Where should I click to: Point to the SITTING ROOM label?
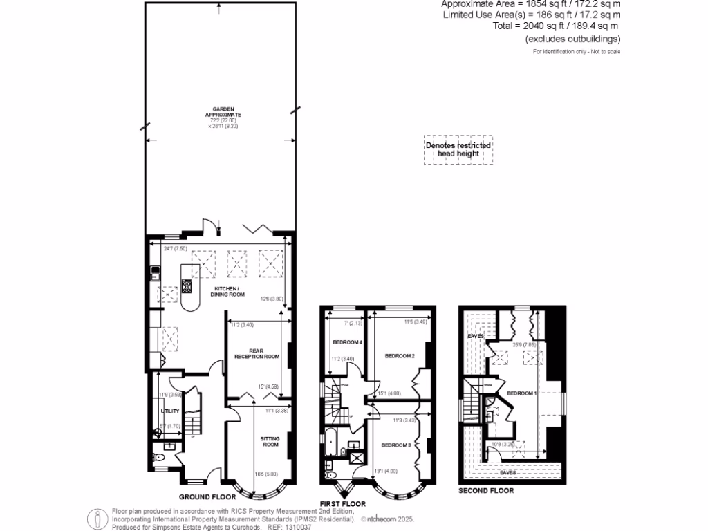(x=270, y=441)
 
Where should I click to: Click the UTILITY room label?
(x=170, y=411)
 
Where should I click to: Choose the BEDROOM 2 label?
(x=399, y=356)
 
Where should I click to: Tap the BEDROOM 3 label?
(x=396, y=445)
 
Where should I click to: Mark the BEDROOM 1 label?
(x=522, y=393)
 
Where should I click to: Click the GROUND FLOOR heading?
(x=207, y=496)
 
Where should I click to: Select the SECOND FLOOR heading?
(x=486, y=491)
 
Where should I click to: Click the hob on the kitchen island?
(x=186, y=285)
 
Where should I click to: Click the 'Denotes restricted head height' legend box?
(x=458, y=149)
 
